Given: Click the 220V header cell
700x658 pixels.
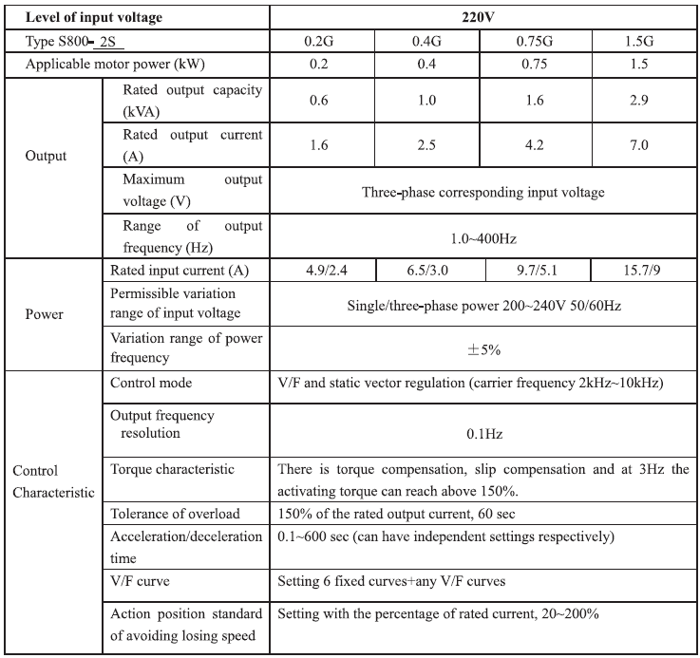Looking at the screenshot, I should [x=482, y=16].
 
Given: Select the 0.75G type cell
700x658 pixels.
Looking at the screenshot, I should [x=538, y=40].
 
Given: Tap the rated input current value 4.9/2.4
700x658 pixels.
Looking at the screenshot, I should [x=322, y=271].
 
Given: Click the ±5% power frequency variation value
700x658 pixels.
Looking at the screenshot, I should [x=482, y=349].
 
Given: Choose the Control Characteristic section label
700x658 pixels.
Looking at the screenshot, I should [x=52, y=481].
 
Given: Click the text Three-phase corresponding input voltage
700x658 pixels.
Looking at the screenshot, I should [x=482, y=192].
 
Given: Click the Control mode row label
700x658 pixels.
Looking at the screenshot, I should [x=151, y=384].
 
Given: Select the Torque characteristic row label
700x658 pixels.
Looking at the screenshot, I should [x=172, y=469].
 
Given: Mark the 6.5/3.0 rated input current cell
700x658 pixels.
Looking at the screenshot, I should [x=428, y=271].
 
